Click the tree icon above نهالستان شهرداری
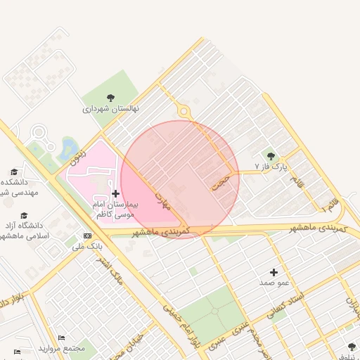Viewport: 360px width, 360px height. click(x=110, y=98)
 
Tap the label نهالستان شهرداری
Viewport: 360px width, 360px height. click(x=110, y=109)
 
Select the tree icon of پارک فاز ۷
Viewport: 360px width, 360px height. click(x=271, y=156)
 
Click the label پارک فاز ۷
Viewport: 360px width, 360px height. click(x=271, y=167)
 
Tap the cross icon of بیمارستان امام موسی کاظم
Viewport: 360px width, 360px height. click(x=115, y=193)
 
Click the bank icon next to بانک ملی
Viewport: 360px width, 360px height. click(x=87, y=236)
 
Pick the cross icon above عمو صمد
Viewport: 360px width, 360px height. click(x=274, y=271)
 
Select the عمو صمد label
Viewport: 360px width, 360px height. click(x=274, y=282)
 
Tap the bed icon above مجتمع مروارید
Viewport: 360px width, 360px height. click(x=62, y=338)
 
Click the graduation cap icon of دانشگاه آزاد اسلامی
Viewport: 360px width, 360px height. click(x=25, y=216)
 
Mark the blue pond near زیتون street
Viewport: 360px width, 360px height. click(x=70, y=148)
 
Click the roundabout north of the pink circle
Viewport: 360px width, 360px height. click(x=184, y=110)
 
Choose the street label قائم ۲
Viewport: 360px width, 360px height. click(x=330, y=205)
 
